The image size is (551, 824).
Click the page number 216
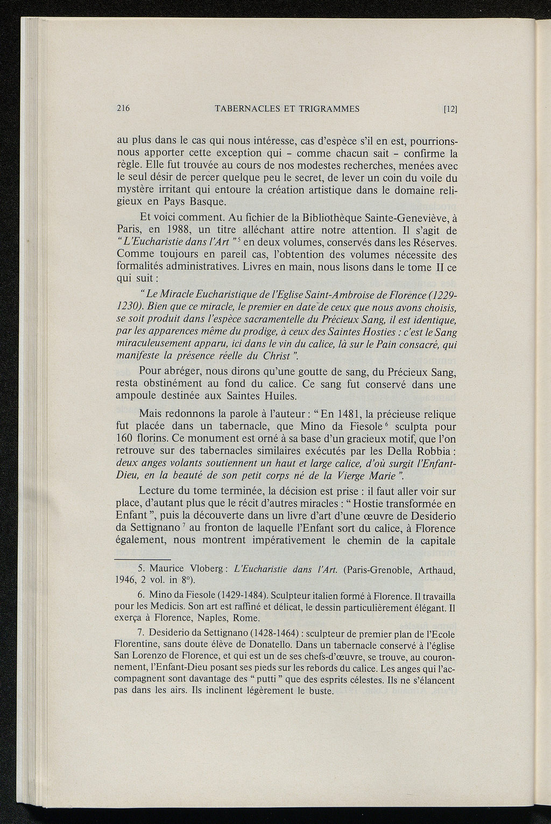coord(124,109)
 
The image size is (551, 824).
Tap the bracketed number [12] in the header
coord(450,109)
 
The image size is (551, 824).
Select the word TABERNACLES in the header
coord(245,109)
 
